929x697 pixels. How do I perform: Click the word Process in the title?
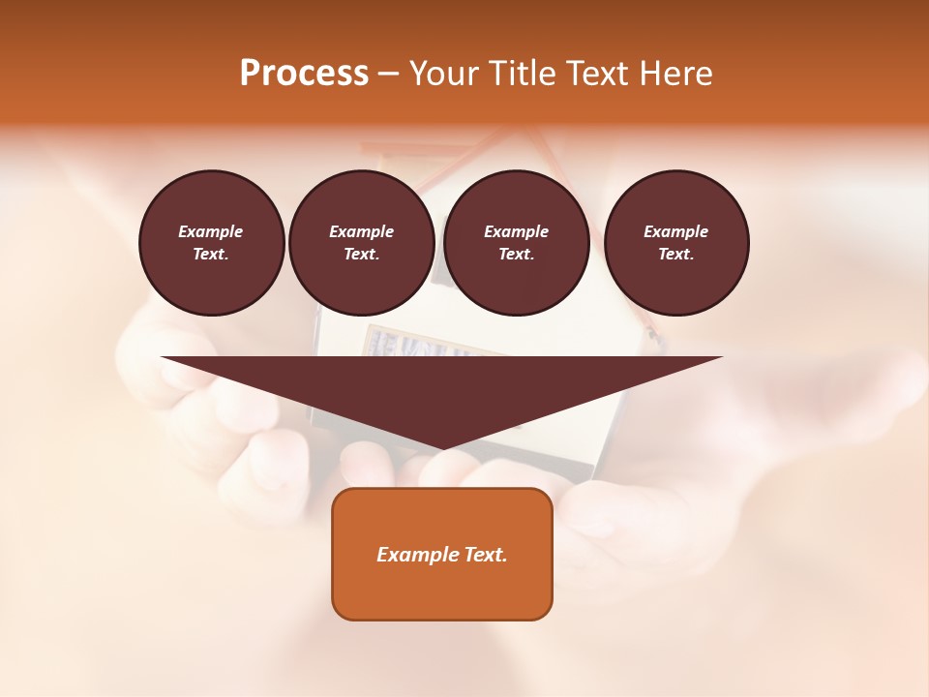(x=304, y=74)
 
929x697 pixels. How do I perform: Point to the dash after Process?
(x=389, y=75)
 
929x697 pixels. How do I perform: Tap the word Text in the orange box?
(x=488, y=555)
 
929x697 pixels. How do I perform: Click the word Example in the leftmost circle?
(x=211, y=231)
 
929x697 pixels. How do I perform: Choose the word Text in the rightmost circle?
(x=676, y=254)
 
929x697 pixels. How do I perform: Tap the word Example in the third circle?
(x=516, y=231)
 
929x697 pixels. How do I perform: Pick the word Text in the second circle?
(x=362, y=254)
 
